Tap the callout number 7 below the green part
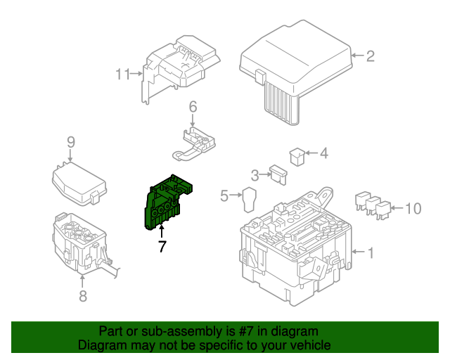coord(162,247)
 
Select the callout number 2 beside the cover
coord(371,56)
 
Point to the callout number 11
coord(123,74)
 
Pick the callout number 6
coord(192,107)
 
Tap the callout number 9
coord(70,143)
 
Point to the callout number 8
coord(83,296)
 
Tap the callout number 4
coord(323,153)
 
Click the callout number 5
coord(224,196)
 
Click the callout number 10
coord(414,208)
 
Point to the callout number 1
coord(371,252)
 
